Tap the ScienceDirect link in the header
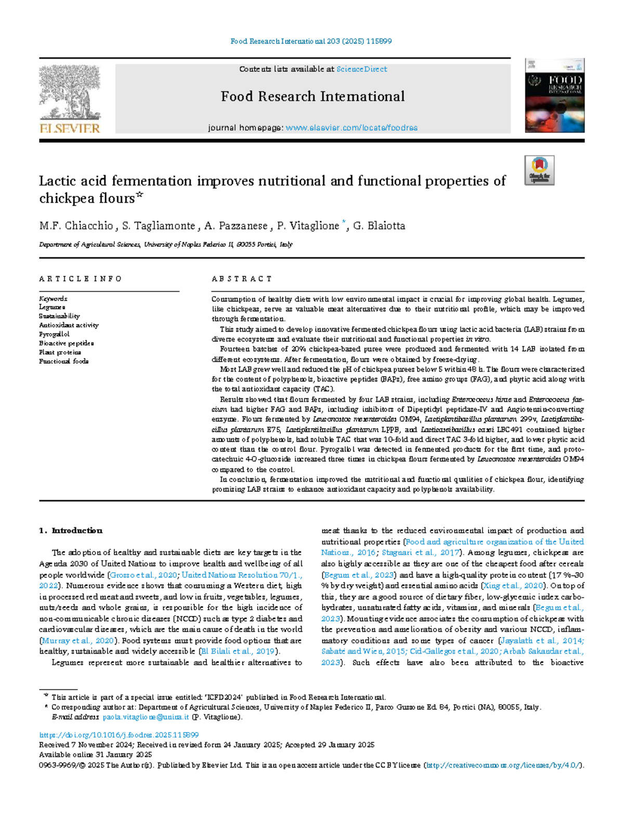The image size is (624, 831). click(361, 69)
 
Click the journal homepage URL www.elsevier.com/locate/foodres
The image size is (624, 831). click(352, 128)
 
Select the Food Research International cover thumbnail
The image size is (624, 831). click(554, 96)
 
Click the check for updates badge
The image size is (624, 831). click(539, 170)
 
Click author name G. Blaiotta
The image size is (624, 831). click(379, 226)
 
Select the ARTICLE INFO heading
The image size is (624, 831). click(81, 279)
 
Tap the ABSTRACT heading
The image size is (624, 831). click(242, 279)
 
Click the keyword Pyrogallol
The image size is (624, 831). click(54, 334)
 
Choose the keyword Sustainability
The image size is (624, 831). click(59, 316)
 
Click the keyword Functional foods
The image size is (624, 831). click(63, 361)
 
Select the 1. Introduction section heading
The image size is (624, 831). click(71, 531)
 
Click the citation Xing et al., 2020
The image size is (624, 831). click(513, 586)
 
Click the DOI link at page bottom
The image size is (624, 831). click(119, 735)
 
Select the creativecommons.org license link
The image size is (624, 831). click(503, 766)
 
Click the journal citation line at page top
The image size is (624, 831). click(311, 41)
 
